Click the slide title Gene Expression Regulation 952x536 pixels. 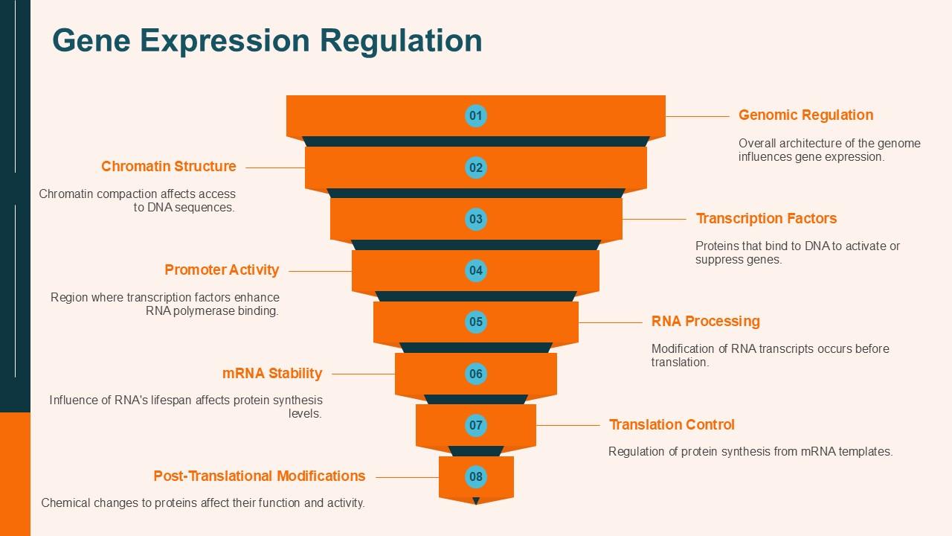pos(267,40)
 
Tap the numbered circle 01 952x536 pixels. pos(475,115)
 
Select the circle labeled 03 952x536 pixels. pos(475,219)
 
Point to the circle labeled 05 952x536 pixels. pos(475,322)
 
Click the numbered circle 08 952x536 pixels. pos(476,476)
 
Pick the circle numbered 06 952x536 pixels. pos(475,374)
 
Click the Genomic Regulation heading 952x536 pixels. pos(805,115)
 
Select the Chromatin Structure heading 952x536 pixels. pos(169,167)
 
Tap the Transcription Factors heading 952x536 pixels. pos(766,219)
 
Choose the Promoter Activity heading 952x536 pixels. pos(222,270)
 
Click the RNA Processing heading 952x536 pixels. pos(705,322)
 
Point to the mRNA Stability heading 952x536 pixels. pos(272,374)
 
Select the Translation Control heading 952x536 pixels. pos(672,425)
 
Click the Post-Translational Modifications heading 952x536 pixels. pos(260,476)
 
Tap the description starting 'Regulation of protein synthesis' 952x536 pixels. pos(750,451)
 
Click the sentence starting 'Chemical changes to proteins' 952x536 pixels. pos(203,503)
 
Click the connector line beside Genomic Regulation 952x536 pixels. pos(697,116)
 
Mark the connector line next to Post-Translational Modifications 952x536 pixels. pos(408,477)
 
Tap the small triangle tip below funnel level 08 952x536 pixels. pos(476,501)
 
